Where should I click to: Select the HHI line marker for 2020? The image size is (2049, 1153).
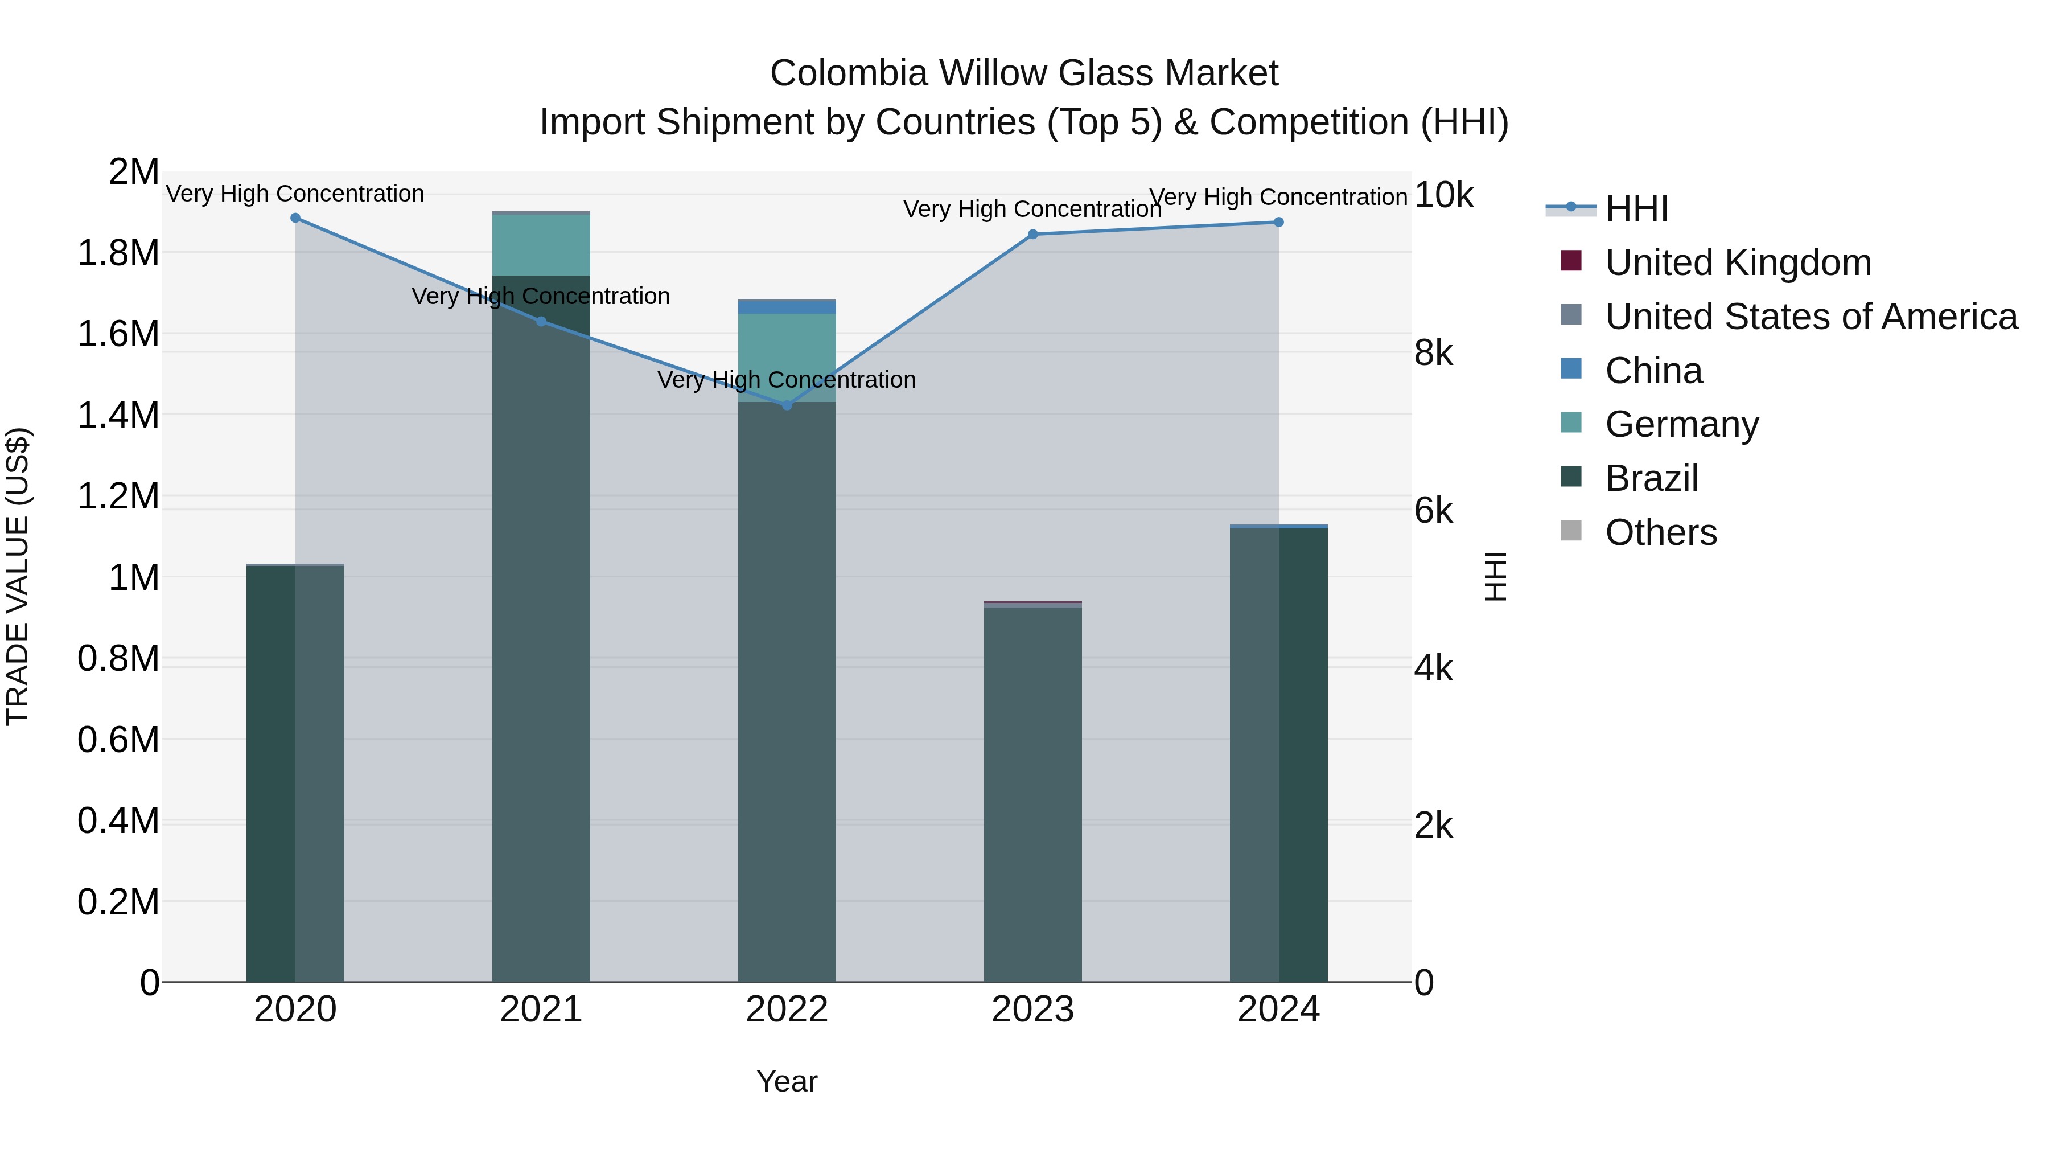click(x=295, y=218)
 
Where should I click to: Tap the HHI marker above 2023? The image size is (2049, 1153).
click(x=1032, y=234)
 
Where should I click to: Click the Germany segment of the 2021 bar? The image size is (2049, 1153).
click(x=541, y=244)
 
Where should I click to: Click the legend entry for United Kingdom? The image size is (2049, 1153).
click(x=1738, y=262)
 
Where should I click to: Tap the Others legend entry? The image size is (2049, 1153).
click(x=1660, y=532)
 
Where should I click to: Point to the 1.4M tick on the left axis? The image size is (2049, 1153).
click(x=118, y=416)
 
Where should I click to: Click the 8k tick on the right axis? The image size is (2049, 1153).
click(x=1433, y=352)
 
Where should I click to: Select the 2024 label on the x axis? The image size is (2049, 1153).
click(x=1278, y=1010)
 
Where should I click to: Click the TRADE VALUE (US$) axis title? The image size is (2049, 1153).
click(x=18, y=576)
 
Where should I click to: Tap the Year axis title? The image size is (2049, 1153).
click(x=787, y=1081)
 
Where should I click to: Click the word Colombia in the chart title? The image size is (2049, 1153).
click(x=849, y=73)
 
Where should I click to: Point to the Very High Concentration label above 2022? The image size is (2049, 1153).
click(x=787, y=380)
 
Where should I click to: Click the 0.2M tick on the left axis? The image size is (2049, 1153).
click(x=118, y=902)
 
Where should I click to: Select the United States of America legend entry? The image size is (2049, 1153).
click(x=1811, y=317)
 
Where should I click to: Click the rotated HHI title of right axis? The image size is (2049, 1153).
click(x=1496, y=576)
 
